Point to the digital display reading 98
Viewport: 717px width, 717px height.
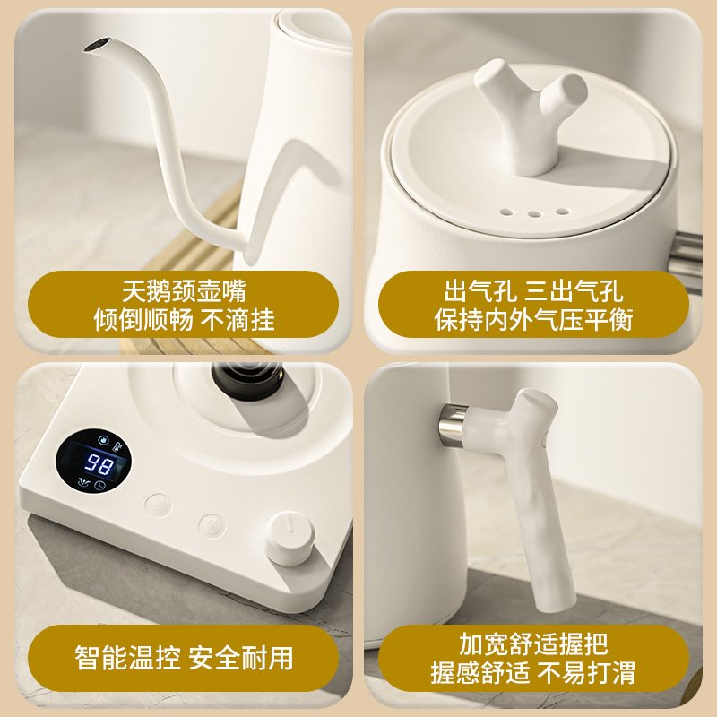click(x=99, y=465)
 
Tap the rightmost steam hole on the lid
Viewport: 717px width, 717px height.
click(x=562, y=212)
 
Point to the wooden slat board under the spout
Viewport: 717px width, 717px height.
click(x=224, y=224)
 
